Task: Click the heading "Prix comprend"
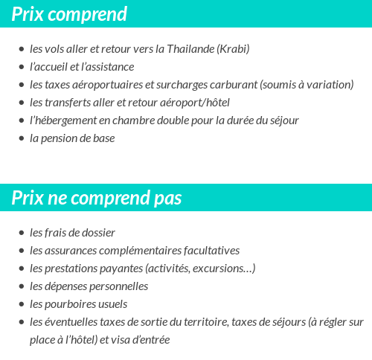[x=69, y=14]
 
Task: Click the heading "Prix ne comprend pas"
[x=97, y=198]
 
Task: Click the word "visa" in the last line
[x=124, y=340]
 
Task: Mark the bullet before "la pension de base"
[x=22, y=139]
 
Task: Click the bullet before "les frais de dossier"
[x=22, y=234]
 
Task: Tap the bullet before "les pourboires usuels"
[x=22, y=305]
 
